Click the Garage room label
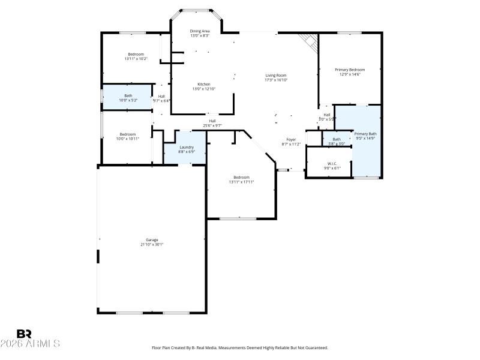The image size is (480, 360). [x=152, y=239]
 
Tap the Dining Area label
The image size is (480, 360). [x=200, y=31]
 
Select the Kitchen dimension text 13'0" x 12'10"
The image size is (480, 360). [x=203, y=89]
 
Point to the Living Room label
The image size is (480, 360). [x=277, y=75]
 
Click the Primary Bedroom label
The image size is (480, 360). [x=349, y=70]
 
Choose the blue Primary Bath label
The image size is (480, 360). [x=365, y=134]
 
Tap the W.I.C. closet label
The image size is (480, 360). [x=332, y=163]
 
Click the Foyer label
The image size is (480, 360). [x=291, y=139]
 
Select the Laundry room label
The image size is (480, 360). [x=187, y=147]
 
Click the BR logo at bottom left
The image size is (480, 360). [x=24, y=334]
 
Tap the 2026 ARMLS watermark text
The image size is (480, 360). [x=30, y=344]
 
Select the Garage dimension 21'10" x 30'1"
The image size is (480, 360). [x=152, y=244]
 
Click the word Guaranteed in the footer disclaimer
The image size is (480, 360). [x=315, y=347]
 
